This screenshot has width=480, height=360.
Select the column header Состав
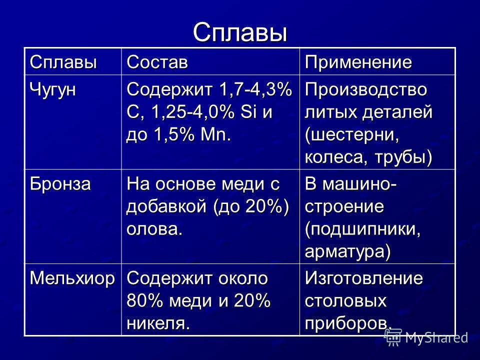157,62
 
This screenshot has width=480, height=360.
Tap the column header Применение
358,63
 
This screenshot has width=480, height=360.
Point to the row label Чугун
52,90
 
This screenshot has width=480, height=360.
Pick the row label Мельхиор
72,279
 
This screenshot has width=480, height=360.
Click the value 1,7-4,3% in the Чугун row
255,89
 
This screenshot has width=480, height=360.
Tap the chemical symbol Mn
215,134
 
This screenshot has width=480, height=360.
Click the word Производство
366,89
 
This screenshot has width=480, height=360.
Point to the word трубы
403,157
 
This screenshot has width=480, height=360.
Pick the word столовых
345,301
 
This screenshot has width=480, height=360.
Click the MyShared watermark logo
426,337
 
